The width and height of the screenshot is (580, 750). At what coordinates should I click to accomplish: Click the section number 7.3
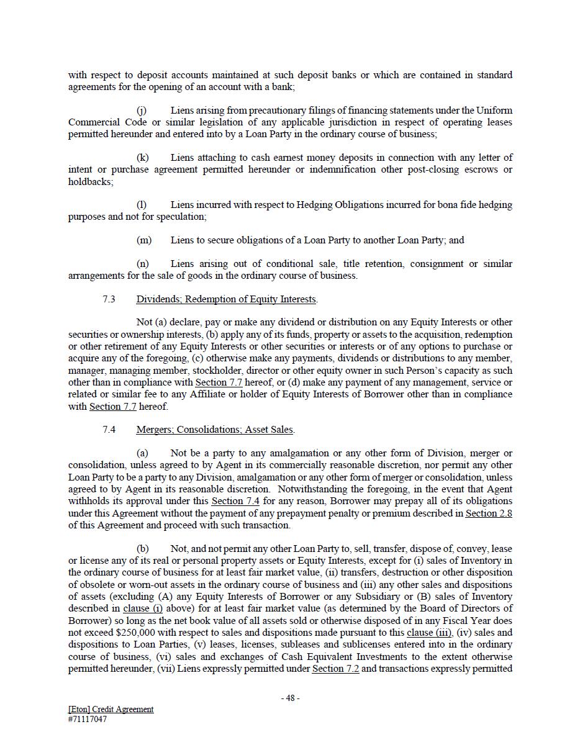click(109, 299)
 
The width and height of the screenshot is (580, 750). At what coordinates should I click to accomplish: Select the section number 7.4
click(109, 430)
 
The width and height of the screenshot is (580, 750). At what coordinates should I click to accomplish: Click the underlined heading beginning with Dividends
click(226, 299)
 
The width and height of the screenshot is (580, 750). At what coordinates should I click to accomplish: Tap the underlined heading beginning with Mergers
click(215, 430)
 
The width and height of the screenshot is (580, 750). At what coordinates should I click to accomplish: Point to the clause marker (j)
click(142, 111)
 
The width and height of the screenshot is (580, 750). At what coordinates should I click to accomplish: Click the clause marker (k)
click(142, 158)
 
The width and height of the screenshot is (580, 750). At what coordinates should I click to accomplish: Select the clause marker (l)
click(142, 205)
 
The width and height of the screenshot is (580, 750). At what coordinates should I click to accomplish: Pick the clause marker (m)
click(143, 240)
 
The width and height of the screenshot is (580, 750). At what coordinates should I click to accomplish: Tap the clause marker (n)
click(142, 264)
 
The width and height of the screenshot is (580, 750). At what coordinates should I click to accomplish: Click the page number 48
click(290, 698)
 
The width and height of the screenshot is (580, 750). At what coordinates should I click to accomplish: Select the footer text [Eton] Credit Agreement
click(111, 709)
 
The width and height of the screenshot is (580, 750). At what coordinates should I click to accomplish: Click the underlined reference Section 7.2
click(335, 669)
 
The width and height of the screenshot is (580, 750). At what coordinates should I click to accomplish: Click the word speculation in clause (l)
click(182, 217)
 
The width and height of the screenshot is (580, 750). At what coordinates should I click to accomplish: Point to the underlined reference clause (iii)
click(429, 633)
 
